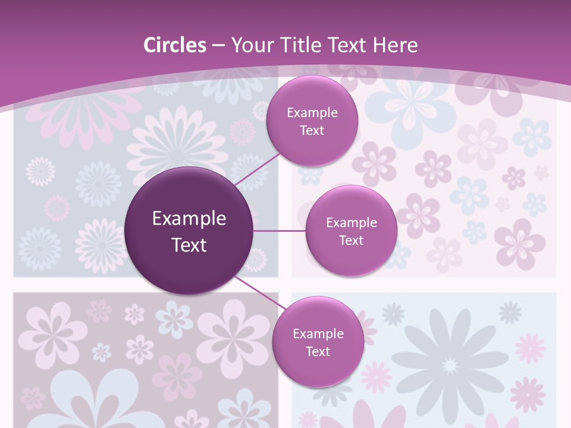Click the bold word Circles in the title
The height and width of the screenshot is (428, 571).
(175, 45)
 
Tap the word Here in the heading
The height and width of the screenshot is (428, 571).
(395, 45)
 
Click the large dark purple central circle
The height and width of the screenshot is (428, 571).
(189, 231)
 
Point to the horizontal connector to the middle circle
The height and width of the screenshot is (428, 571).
(279, 231)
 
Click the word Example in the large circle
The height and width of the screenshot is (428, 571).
(189, 219)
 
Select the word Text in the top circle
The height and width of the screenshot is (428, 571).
(312, 131)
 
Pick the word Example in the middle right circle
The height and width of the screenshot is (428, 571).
(351, 223)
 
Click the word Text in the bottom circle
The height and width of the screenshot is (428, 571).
(318, 351)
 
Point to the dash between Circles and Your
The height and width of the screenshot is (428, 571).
(218, 45)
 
